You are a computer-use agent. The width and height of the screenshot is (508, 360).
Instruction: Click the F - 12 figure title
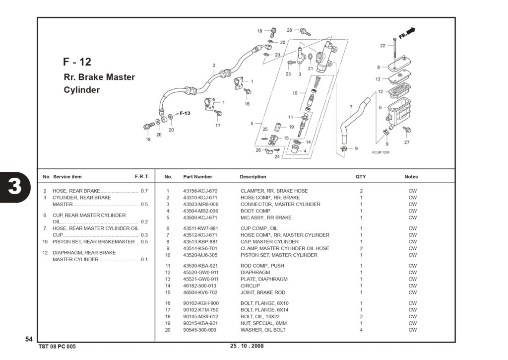[77, 62]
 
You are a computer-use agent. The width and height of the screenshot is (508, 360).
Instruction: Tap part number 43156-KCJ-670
[200, 191]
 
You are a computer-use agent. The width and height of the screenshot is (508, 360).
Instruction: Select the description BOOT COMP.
[255, 211]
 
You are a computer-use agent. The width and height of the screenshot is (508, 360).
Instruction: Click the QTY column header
[361, 177]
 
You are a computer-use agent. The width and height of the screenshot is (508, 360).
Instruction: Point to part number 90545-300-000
[199, 330]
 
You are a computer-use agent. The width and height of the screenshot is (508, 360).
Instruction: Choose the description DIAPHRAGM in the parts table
[255, 273]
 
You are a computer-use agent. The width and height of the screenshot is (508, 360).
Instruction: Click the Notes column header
[411, 177]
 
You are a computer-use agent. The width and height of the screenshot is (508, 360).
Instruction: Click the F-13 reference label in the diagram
[185, 113]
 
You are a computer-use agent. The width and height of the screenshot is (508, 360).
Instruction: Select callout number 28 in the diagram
[289, 30]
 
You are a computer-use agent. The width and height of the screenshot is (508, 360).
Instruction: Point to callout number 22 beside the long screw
[382, 46]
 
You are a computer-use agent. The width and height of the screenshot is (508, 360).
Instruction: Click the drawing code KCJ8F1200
[381, 152]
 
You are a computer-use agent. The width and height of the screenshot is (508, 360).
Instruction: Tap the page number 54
[29, 339]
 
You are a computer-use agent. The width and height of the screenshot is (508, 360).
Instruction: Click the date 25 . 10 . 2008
[247, 346]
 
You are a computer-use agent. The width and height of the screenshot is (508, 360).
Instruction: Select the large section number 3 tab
[14, 187]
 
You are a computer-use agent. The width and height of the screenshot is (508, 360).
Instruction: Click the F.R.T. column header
[142, 177]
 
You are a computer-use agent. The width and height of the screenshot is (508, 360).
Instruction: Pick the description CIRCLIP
[250, 286]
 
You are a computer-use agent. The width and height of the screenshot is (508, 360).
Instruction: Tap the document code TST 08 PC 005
[57, 347]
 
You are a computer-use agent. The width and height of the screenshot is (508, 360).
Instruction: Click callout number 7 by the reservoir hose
[351, 107]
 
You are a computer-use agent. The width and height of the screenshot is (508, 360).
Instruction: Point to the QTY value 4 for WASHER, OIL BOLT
[361, 330]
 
